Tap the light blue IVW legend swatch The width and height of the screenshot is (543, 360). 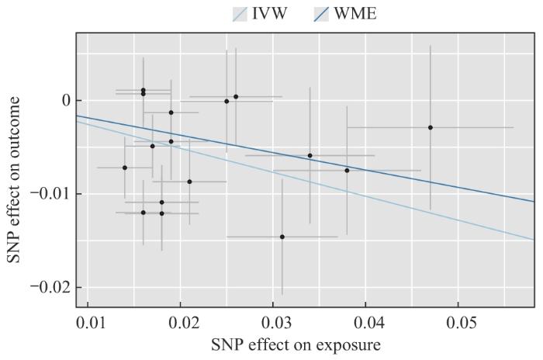pos(240,14)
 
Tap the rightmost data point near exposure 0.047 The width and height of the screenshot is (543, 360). pos(431,127)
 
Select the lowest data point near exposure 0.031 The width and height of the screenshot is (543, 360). pos(282,237)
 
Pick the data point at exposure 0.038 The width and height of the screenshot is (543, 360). pos(347,171)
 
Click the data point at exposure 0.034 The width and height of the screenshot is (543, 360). pos(310,155)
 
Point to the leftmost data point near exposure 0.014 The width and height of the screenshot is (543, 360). pos(125,168)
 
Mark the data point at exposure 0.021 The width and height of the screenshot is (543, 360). pos(189,182)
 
